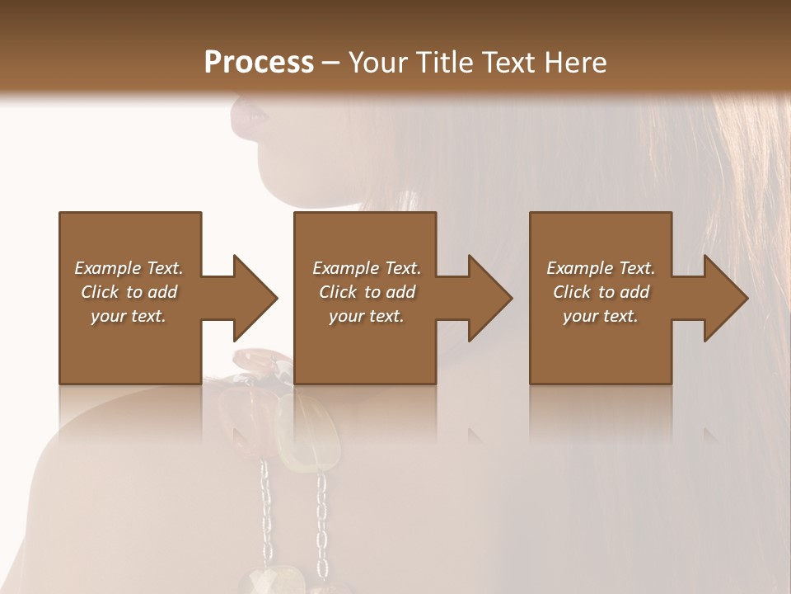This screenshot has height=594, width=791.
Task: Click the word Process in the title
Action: [x=259, y=63]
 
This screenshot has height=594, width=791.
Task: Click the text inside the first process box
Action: [x=129, y=292]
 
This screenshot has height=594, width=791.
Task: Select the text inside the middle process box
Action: [x=367, y=292]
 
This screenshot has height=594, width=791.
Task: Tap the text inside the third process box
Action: [x=601, y=292]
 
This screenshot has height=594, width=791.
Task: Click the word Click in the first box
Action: [x=100, y=292]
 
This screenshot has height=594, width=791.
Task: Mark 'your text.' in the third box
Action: [x=601, y=316]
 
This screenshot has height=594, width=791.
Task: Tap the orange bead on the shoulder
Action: [x=255, y=360]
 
